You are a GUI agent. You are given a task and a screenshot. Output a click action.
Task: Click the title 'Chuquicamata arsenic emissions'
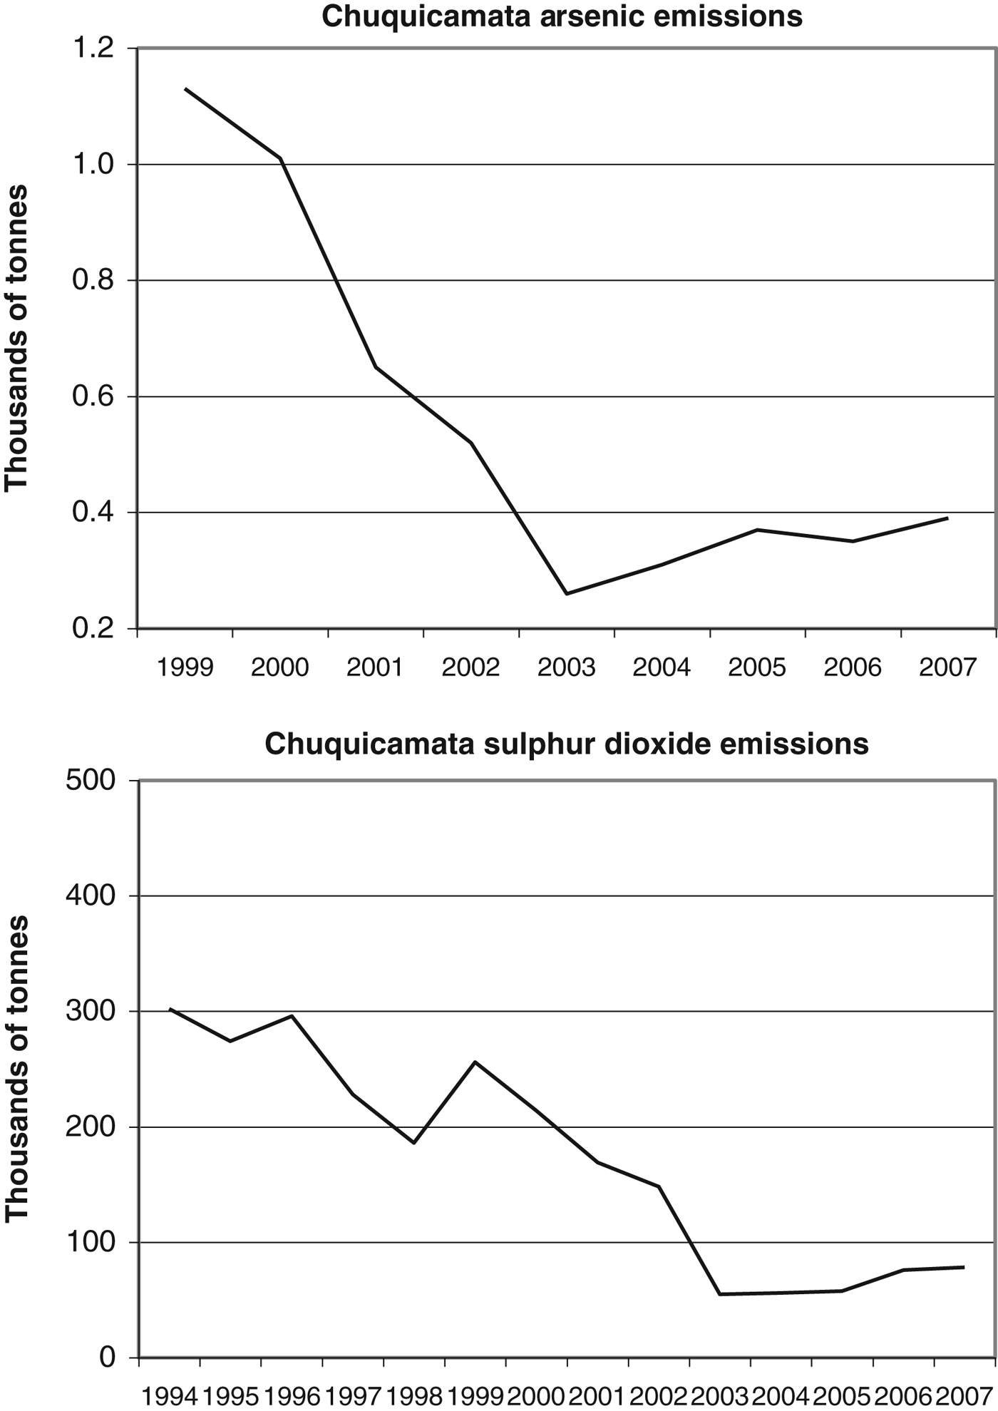[x=562, y=16]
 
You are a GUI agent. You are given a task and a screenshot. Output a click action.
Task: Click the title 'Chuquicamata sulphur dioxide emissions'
[x=567, y=744]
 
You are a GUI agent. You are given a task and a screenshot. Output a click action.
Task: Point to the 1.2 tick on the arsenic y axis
[x=95, y=48]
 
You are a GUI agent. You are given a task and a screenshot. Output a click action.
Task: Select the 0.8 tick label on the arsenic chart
[x=95, y=281]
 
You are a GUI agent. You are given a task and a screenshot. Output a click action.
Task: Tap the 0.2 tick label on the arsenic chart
[x=95, y=629]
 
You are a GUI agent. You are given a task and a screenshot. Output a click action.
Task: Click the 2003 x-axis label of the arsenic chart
[x=566, y=667]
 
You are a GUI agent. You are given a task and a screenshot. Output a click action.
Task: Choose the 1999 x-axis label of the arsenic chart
[x=185, y=667]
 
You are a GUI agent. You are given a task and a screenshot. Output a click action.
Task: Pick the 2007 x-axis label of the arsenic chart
[x=947, y=667]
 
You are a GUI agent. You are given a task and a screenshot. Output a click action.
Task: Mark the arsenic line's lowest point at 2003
[x=567, y=593]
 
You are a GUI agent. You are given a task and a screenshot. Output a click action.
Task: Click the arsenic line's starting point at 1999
[x=185, y=88]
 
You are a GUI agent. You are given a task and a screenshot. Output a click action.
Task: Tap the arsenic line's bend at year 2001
[x=376, y=367]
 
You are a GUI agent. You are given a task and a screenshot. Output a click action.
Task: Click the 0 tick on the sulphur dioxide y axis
[x=107, y=1358]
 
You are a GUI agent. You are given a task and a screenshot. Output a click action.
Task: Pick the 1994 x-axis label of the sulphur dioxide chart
[x=169, y=1396]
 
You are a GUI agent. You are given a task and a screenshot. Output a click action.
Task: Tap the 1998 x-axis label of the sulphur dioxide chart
[x=414, y=1396]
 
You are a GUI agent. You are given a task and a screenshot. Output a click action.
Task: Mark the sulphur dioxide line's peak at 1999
[x=475, y=1062]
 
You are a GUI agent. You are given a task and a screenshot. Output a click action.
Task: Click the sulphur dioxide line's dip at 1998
[x=414, y=1143]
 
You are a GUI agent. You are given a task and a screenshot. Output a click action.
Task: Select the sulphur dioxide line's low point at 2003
[x=720, y=1294]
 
